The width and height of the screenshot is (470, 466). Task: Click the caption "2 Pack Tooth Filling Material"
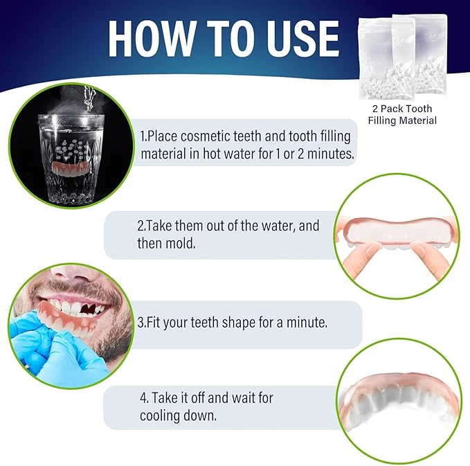coord(401,115)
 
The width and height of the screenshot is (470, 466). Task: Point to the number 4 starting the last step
coord(143,399)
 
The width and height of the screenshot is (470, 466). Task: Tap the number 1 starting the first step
coord(143,136)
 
